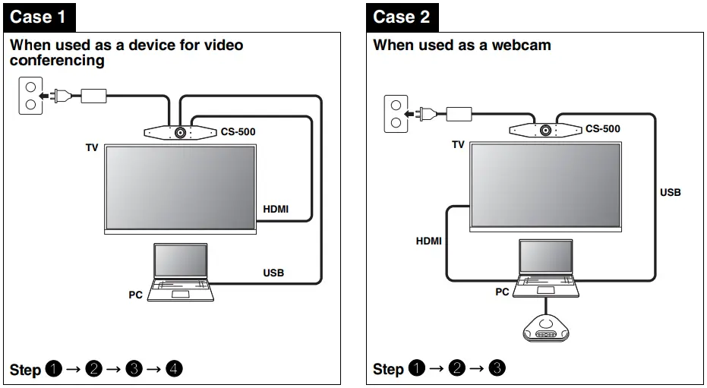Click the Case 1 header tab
click(x=38, y=16)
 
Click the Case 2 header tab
click(x=402, y=16)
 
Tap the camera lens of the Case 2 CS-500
click(x=545, y=129)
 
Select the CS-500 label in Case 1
click(x=238, y=132)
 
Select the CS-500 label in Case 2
click(x=602, y=129)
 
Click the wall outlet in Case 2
click(x=395, y=114)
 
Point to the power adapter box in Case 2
click(x=458, y=114)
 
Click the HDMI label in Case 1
click(x=276, y=209)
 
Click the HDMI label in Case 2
click(x=428, y=241)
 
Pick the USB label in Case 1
click(x=273, y=273)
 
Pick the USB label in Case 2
click(x=670, y=193)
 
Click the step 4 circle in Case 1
click(x=174, y=370)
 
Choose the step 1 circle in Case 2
click(x=417, y=370)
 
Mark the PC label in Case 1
click(x=135, y=295)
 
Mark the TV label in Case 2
click(x=458, y=144)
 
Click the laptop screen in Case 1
click(x=181, y=261)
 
